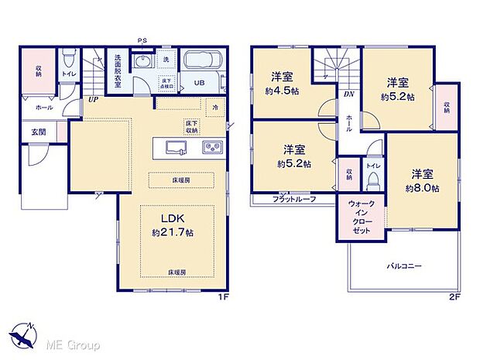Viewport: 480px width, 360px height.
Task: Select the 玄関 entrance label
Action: click(x=39, y=132)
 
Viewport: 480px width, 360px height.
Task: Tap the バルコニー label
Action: click(x=404, y=266)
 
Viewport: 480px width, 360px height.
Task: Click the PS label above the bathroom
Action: click(x=142, y=40)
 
